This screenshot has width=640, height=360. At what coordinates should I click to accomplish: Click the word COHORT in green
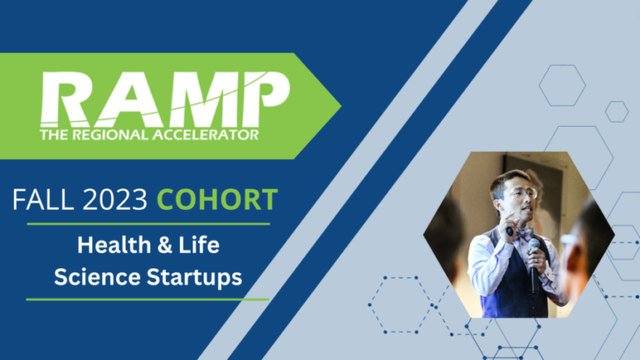coord(217,200)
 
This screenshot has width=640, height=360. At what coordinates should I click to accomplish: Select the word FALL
coord(43,200)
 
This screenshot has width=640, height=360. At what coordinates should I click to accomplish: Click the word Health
coord(114,245)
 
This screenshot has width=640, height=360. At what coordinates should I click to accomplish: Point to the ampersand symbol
coord(164,245)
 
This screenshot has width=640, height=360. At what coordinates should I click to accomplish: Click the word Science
coord(97,277)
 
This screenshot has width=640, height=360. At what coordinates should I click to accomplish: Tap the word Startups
coord(194,278)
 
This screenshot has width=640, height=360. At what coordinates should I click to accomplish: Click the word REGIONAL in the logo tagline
coord(110,135)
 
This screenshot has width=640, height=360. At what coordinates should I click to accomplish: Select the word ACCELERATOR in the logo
coord(205,135)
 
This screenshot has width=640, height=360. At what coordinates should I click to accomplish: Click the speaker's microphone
coord(534,265)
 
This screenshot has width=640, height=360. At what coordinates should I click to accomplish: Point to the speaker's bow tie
coord(524,234)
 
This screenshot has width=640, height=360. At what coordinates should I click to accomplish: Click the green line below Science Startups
coord(147,300)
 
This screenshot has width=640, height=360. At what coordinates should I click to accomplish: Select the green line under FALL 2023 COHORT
coord(148,224)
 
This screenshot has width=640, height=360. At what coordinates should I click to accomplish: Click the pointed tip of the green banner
coord(341,106)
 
